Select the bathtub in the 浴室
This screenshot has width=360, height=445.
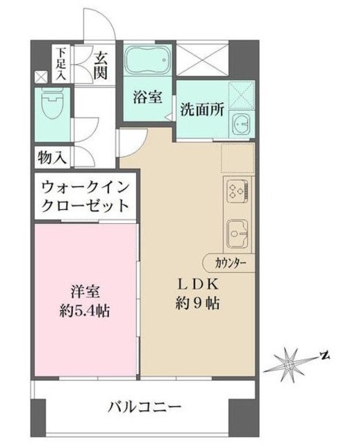pyautogui.click(x=147, y=61)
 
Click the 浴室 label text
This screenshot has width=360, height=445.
pyautogui.click(x=147, y=97)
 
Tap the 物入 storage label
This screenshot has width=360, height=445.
pyautogui.click(x=52, y=157)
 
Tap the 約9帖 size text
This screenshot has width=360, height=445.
pyautogui.click(x=199, y=305)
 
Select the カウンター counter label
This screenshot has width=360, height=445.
pyautogui.click(x=229, y=262)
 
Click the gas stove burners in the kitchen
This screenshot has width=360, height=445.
pyautogui.click(x=236, y=190)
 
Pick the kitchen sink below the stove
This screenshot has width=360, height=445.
pyautogui.click(x=236, y=232)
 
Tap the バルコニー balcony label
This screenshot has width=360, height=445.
pyautogui.click(x=145, y=406)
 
